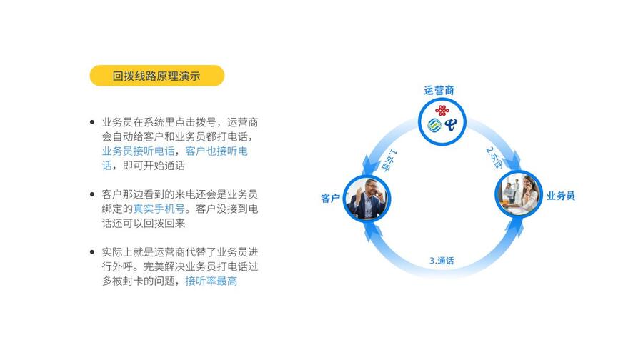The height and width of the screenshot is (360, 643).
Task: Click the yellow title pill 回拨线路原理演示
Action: (157, 76)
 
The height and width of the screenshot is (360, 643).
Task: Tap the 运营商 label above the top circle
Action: (439, 90)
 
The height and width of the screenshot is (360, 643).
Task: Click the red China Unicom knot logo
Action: (442, 110)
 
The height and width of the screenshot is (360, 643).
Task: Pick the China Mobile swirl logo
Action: (434, 125)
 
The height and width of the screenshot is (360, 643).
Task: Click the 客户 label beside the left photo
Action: (331, 199)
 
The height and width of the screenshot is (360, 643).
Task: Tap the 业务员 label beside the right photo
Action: (561, 196)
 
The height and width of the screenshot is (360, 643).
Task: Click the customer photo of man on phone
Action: (367, 198)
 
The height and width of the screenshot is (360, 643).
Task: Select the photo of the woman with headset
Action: (519, 194)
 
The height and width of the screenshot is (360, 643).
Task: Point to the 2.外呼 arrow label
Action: (494, 158)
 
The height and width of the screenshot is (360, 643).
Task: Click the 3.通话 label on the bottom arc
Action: (442, 261)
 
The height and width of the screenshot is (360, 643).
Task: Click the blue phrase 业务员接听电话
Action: (138, 151)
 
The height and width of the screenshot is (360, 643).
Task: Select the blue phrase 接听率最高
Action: (211, 281)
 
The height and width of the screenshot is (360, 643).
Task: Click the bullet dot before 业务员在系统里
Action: (92, 122)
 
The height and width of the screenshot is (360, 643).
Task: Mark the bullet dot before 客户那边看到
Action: (92, 194)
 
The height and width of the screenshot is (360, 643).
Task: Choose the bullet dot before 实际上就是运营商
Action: (92, 252)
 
